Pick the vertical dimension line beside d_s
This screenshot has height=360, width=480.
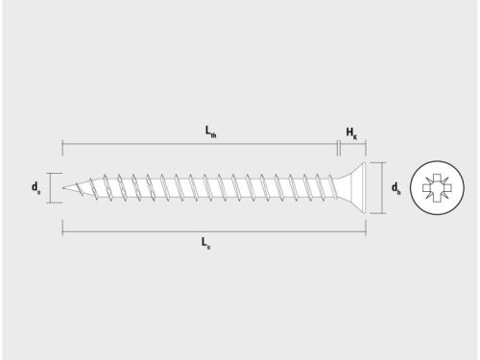coord(50,188)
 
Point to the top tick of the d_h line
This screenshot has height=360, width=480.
coord(383,161)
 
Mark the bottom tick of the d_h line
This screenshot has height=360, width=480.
coord(383,213)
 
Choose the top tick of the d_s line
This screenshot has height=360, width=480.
coord(50,174)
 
